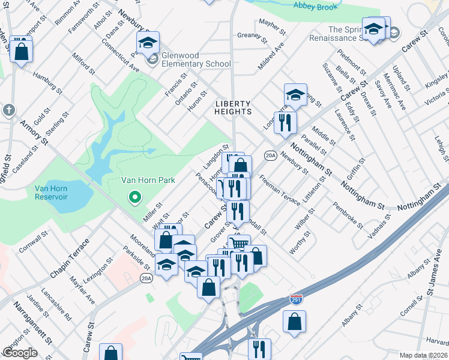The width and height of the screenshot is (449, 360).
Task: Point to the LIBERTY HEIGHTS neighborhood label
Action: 233,107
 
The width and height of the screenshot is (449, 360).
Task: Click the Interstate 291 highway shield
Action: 295,298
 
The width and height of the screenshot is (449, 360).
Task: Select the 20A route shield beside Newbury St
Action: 270,155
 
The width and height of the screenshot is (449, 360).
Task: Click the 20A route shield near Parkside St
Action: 146,278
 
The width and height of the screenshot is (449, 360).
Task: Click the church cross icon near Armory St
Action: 8,110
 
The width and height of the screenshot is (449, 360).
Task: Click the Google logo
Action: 20,353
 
